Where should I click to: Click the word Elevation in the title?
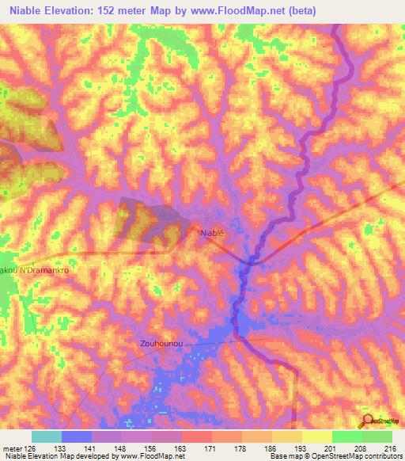coord(78,10)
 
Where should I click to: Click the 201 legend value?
coord(317,448)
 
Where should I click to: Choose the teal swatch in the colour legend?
coord(46,436)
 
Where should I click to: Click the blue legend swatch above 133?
coord(76,436)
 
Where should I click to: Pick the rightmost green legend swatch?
coord(377,436)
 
